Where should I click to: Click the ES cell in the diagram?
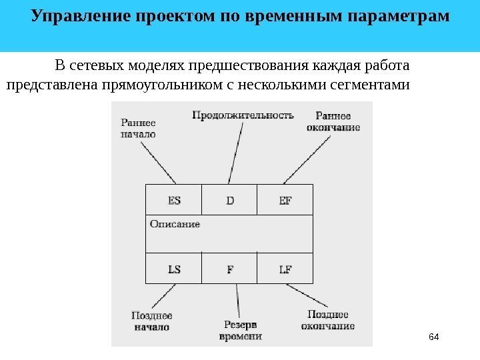174,200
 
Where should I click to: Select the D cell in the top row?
230,200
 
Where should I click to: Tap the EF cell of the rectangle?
285,200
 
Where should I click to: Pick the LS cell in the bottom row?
174,269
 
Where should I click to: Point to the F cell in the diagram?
230,269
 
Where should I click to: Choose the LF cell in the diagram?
285,269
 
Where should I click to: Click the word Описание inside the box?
175,224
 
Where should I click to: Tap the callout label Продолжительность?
243,115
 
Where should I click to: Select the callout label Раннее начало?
139,128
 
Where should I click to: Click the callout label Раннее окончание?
333,121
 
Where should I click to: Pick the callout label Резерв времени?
241,330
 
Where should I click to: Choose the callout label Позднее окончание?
327,320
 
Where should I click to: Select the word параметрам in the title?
401,15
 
